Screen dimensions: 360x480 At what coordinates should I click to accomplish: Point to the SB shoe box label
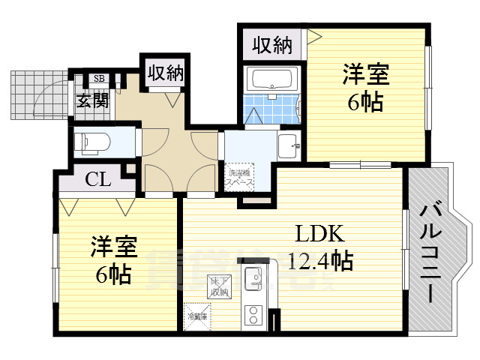(x=99, y=78)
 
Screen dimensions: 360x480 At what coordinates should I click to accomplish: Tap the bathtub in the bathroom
(x=272, y=79)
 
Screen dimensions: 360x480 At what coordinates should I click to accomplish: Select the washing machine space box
(x=241, y=177)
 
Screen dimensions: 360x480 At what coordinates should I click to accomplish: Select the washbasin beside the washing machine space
(x=289, y=146)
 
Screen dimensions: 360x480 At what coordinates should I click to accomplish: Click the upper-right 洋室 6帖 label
(x=365, y=88)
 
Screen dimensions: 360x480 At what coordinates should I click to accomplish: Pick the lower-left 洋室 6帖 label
(x=112, y=259)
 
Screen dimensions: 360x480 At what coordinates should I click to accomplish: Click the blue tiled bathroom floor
(x=271, y=109)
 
